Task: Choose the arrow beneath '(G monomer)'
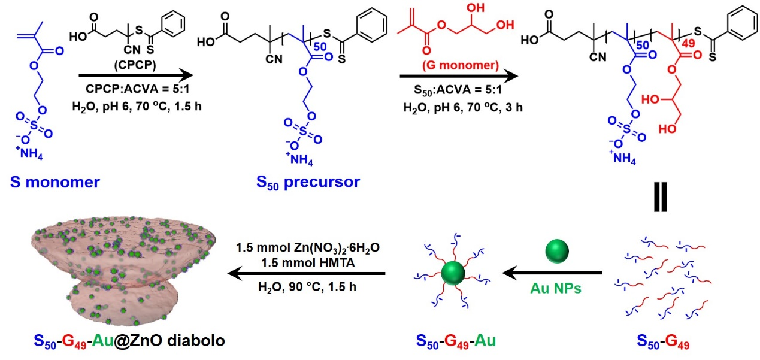click(x=458, y=76)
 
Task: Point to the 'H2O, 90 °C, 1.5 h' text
click(x=307, y=287)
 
